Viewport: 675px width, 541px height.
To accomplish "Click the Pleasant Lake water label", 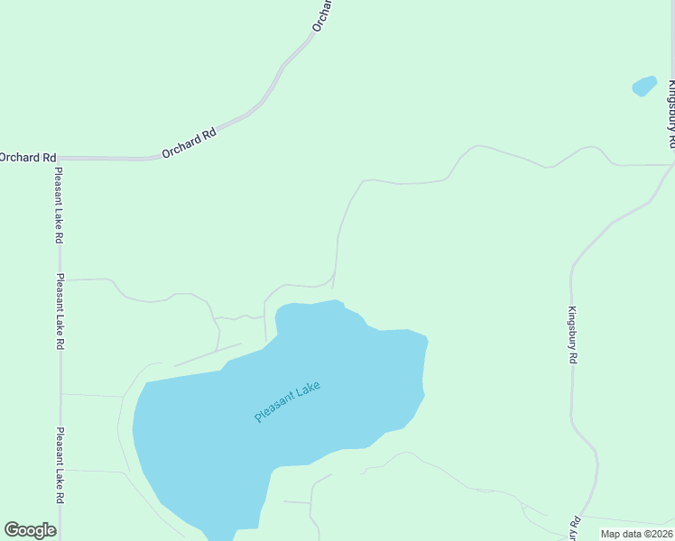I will [x=287, y=402].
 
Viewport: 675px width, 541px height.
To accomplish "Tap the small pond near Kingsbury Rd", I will [x=644, y=86].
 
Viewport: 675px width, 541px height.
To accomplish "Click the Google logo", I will [x=30, y=530].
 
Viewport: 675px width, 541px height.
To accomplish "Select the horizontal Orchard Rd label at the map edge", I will [x=21, y=158].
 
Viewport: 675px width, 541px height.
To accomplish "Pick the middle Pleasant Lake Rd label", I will [x=60, y=311].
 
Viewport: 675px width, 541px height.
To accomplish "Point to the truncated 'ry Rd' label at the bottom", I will [x=574, y=528].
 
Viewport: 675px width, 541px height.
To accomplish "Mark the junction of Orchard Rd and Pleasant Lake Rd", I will [x=59, y=159].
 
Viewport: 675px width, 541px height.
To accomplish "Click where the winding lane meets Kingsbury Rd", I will [x=671, y=165].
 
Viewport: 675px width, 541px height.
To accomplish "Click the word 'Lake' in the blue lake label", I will [x=306, y=392].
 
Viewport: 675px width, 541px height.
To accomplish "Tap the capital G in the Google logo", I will [x=12, y=530].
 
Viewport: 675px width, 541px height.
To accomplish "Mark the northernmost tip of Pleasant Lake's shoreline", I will [x=337, y=300].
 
